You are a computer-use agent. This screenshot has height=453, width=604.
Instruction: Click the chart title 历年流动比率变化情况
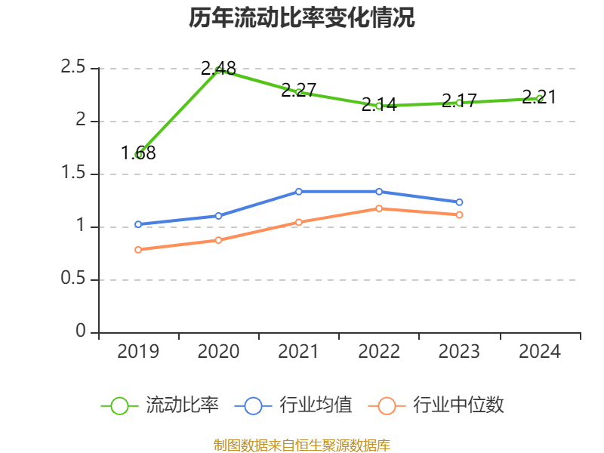[x=302, y=18]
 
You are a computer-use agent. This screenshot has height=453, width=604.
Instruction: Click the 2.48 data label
[x=218, y=68]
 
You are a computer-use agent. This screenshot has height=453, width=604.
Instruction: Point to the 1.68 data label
[x=138, y=153]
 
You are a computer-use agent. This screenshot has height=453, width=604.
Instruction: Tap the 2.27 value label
[x=298, y=91]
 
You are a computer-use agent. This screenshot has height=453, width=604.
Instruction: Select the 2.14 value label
[x=379, y=105]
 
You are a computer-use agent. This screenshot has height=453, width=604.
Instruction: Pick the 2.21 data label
[x=539, y=97]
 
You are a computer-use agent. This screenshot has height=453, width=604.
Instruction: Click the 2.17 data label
[x=459, y=100]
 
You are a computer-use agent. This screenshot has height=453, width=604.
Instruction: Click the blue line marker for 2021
[x=299, y=192]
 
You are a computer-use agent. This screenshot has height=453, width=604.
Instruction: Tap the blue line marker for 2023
[x=459, y=202]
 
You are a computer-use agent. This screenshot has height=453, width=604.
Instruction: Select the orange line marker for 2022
[x=379, y=208]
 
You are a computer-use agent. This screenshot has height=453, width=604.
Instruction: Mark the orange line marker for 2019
[x=138, y=249]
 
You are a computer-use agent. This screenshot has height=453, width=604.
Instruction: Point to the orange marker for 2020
[x=218, y=240]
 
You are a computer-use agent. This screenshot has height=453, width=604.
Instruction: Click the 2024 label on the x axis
[x=540, y=352]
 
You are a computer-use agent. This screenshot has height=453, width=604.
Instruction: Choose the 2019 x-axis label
[x=138, y=352]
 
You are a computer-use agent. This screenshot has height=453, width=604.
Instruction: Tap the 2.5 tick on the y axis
[x=73, y=68]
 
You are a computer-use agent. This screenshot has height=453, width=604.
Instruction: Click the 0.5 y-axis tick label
[x=73, y=279]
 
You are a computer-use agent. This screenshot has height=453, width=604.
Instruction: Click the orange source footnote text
[x=302, y=445]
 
